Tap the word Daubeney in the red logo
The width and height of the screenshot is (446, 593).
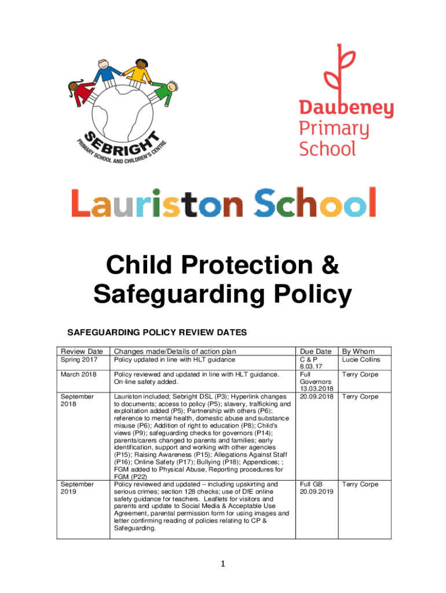pos(346,108)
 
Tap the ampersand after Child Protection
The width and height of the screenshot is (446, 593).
pos(328,266)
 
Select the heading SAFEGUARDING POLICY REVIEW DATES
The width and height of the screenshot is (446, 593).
pos(158,332)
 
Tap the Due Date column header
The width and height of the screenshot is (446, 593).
pos(316,351)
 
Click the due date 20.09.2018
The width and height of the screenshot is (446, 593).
pos(316,397)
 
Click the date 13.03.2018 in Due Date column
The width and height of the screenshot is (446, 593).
pos(316,389)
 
